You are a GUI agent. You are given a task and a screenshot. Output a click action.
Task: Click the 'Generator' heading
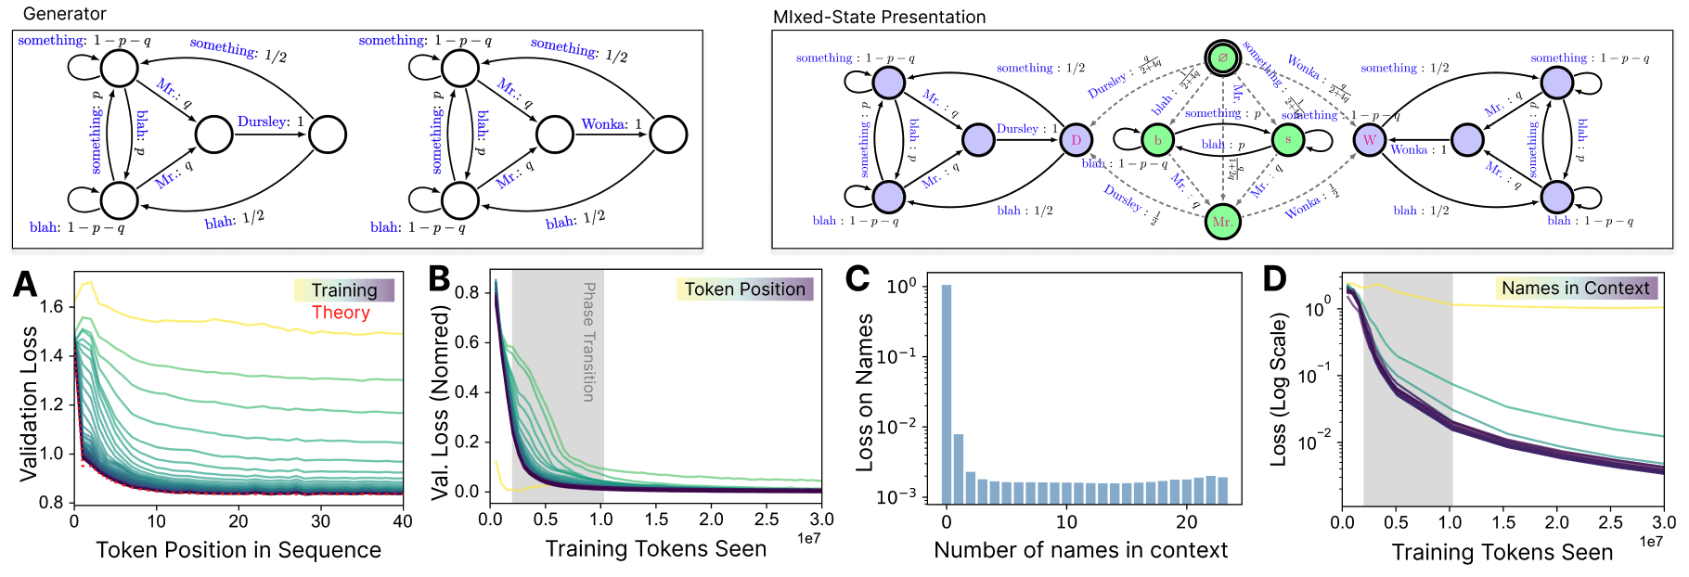(64, 14)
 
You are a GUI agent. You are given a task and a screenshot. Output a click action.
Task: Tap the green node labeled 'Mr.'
(1222, 222)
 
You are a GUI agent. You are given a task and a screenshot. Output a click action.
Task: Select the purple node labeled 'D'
(1076, 140)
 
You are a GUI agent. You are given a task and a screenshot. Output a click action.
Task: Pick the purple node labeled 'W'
(1369, 140)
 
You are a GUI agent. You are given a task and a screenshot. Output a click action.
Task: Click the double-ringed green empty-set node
(1222, 58)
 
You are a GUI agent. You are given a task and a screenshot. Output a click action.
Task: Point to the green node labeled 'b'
(1157, 140)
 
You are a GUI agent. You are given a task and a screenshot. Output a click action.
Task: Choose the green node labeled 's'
(1288, 140)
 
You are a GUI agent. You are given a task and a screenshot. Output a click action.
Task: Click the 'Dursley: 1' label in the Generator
(270, 122)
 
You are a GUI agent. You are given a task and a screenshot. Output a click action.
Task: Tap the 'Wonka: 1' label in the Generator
(612, 123)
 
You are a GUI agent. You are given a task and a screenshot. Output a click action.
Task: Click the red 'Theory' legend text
(341, 313)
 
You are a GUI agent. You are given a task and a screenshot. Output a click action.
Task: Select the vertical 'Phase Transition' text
(588, 341)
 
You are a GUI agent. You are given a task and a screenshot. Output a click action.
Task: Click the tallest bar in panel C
(947, 393)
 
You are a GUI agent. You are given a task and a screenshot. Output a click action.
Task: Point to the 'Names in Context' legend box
(1576, 288)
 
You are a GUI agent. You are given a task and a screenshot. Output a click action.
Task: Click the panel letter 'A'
(25, 283)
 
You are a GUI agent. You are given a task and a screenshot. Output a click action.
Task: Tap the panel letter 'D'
(1275, 278)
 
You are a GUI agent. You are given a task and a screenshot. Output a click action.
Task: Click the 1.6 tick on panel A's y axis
(52, 306)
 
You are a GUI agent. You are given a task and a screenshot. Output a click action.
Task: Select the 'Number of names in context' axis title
(1080, 550)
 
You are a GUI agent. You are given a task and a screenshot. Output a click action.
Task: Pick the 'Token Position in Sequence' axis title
(239, 550)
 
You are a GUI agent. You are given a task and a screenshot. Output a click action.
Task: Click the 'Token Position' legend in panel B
(745, 289)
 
